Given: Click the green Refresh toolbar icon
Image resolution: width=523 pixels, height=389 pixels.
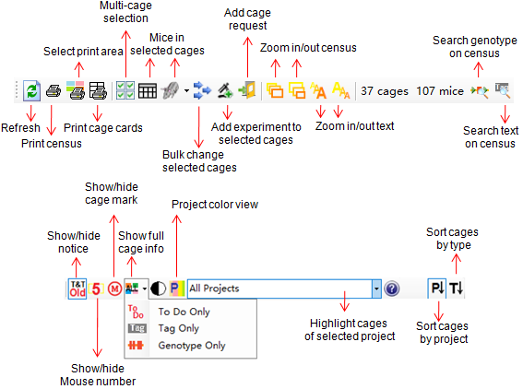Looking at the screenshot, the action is (32, 90).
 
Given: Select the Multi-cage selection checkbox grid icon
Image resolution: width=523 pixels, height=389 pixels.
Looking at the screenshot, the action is (125, 90).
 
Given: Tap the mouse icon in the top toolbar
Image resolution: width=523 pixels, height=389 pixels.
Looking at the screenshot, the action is (171, 90).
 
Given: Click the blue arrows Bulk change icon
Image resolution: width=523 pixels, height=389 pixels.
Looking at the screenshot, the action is (202, 90).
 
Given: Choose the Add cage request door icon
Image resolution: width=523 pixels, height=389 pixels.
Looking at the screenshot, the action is (247, 90).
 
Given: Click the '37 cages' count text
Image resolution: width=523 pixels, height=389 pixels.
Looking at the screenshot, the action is (385, 91).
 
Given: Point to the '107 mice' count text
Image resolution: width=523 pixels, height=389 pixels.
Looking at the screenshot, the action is (440, 91).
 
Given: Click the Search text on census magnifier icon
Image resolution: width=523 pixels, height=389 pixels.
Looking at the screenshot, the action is (503, 90).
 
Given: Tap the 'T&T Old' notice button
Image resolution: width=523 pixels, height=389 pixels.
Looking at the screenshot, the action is (77, 289).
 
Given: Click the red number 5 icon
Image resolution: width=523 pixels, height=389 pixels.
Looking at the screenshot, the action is (96, 289).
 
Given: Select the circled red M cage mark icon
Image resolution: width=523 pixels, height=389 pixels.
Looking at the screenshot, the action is (114, 289).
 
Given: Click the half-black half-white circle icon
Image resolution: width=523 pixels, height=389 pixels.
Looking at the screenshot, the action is (158, 289).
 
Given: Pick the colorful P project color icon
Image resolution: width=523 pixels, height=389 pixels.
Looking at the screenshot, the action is (177, 289).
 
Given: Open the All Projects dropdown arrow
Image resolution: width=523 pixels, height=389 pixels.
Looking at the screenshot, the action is (376, 289).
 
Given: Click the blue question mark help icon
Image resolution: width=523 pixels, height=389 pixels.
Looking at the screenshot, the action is (392, 289).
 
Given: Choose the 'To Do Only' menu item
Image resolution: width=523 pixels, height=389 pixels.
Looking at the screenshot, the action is (184, 312).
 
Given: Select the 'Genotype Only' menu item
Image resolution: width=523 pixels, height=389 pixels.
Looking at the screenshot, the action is (192, 346).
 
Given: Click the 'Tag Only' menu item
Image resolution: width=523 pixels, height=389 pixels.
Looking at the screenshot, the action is (178, 328).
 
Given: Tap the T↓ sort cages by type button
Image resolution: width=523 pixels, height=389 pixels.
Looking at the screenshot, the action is (456, 289).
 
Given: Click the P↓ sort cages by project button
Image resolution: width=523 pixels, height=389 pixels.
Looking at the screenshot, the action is (437, 289).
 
